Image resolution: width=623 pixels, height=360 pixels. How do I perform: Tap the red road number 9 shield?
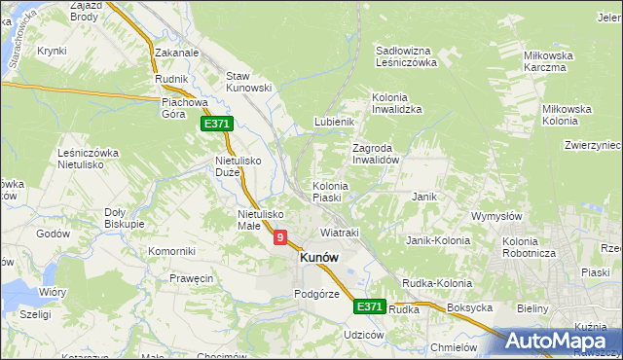coord(280,236)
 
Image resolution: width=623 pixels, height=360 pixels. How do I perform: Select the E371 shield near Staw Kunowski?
coord(216,125)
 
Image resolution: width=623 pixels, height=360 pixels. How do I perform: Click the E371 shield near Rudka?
coord(369,306)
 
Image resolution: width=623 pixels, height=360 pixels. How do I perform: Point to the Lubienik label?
coord(333,122)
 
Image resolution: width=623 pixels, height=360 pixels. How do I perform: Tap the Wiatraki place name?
coord(340,234)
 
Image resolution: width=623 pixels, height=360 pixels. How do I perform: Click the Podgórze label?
coord(316,294)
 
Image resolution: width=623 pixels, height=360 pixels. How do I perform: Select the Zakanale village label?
coord(176,54)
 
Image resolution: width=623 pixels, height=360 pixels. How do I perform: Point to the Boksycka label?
coord(469,307)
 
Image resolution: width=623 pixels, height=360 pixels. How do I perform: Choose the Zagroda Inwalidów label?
coord(376,154)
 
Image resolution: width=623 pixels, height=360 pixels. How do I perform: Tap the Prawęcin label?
coord(191,279)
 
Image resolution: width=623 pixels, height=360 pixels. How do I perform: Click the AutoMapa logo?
coord(562,342)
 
